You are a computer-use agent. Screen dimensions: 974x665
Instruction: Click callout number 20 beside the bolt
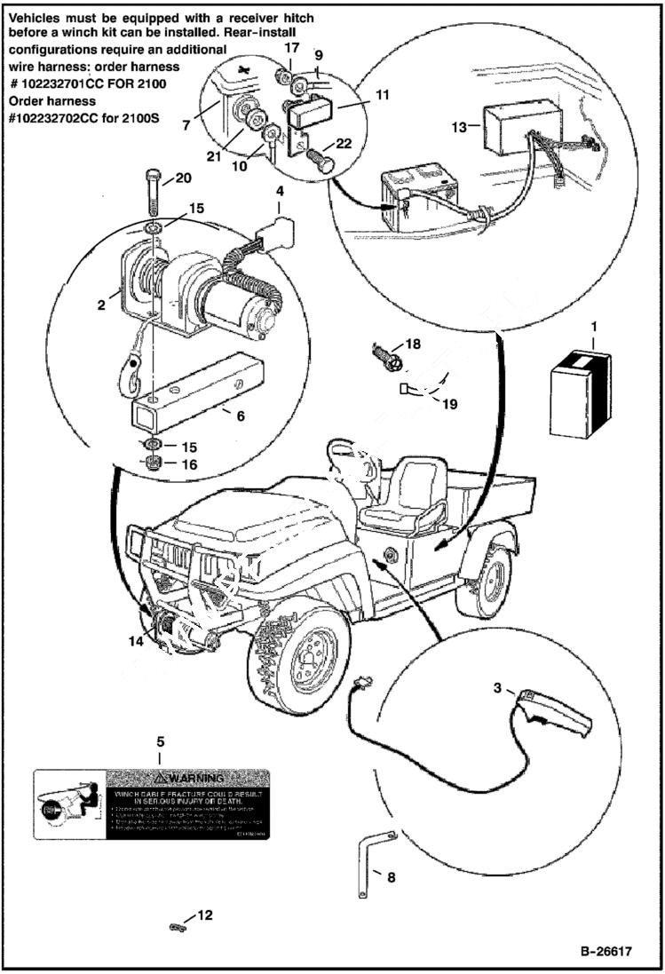tap(182, 178)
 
